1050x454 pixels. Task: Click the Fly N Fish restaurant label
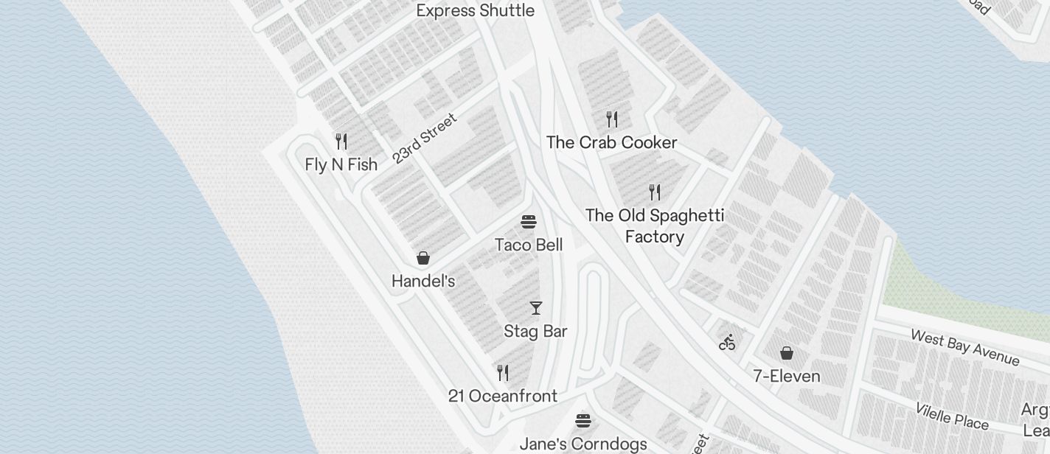tap(341, 164)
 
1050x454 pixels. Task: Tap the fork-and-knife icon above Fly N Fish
tap(341, 141)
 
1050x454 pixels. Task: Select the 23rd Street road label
tap(424, 138)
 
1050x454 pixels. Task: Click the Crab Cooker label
tap(611, 142)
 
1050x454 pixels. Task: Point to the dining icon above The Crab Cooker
tap(611, 119)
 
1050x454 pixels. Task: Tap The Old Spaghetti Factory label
tap(654, 226)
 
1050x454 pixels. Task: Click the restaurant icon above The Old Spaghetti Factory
tap(654, 192)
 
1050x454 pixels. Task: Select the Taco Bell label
tap(529, 245)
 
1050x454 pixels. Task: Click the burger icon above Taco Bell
tap(529, 221)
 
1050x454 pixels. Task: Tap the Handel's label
tap(423, 281)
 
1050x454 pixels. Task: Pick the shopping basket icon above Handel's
tap(423, 257)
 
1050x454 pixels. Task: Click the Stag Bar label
tap(535, 331)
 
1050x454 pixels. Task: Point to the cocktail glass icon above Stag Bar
tap(536, 307)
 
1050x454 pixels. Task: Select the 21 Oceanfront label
tap(503, 396)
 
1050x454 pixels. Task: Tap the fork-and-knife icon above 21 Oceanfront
tap(503, 372)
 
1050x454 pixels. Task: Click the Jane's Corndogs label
tap(583, 444)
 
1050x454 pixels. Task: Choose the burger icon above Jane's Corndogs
tap(583, 420)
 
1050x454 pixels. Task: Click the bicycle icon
tap(728, 342)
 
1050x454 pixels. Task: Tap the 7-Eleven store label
tap(787, 376)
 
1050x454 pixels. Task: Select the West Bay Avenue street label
tap(965, 347)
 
